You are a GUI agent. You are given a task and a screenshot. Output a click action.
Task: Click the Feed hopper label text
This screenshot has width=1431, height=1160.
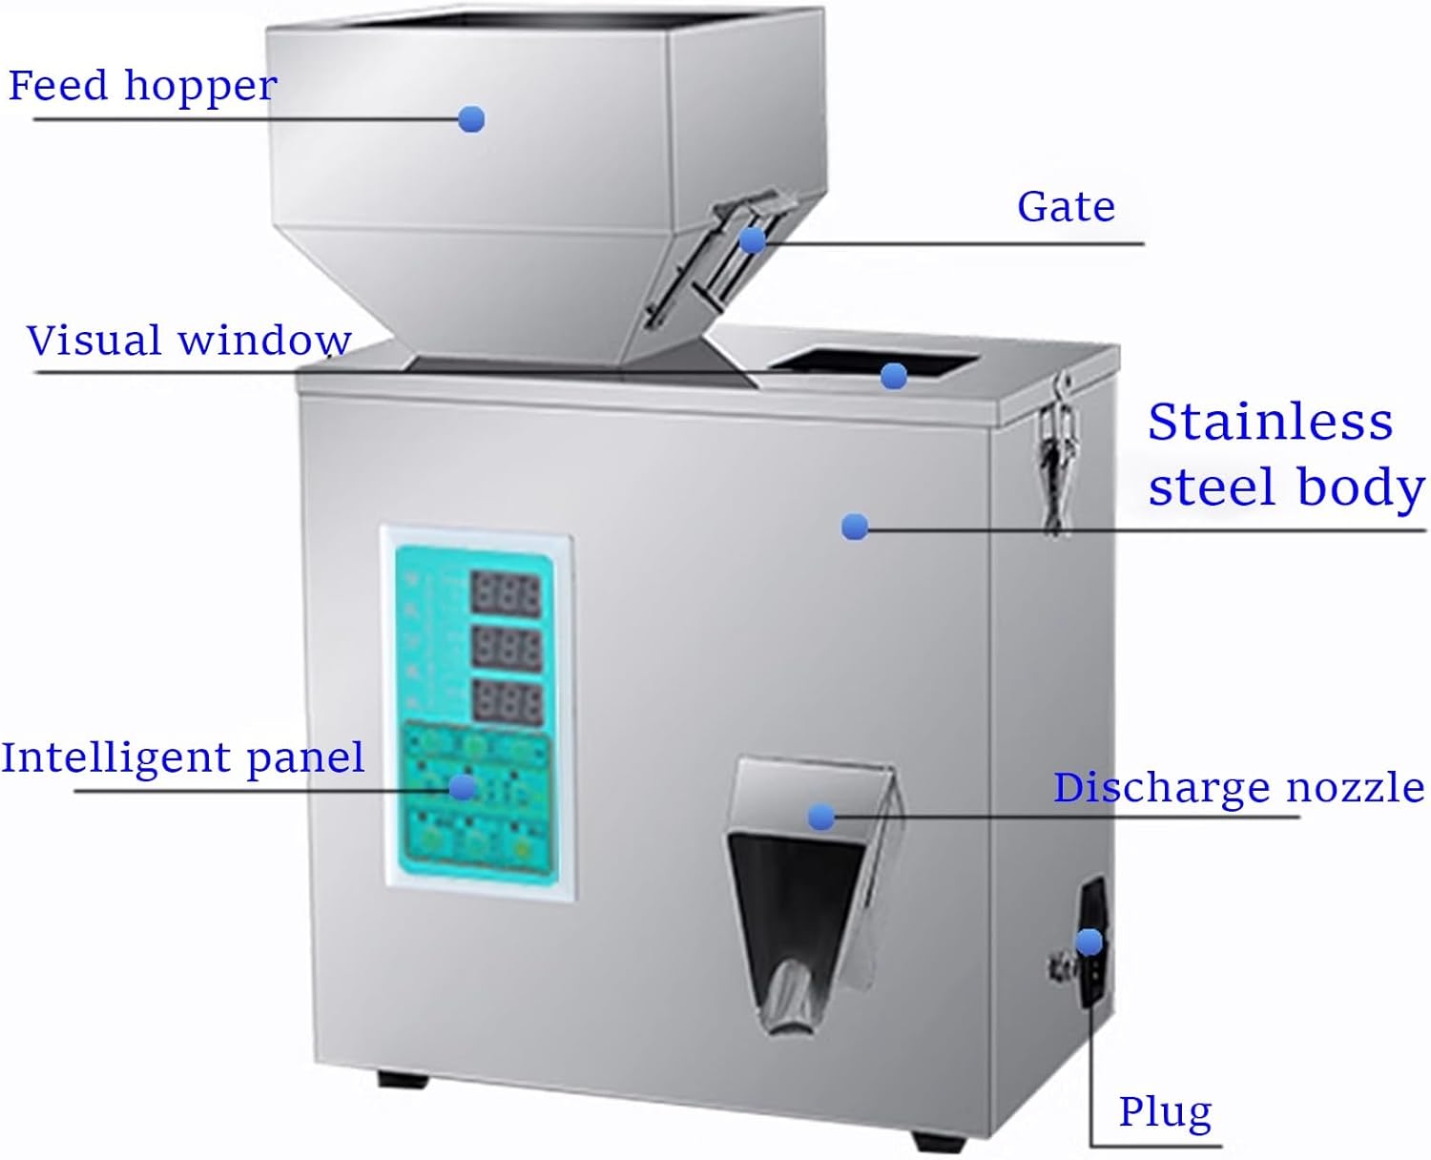click(143, 86)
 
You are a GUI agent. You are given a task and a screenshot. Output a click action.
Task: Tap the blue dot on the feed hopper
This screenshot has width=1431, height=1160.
click(471, 119)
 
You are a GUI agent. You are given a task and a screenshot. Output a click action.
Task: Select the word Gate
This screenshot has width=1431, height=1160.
click(1066, 206)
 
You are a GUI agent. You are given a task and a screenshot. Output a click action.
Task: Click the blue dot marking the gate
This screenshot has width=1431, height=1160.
click(753, 239)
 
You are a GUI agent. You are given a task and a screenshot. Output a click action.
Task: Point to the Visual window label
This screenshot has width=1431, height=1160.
click(189, 341)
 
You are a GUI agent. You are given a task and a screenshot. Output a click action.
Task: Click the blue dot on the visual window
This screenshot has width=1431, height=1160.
click(894, 377)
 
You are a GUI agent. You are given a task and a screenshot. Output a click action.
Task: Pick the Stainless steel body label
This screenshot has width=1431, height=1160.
click(1283, 454)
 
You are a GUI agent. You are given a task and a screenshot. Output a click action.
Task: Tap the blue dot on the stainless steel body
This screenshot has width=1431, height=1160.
click(855, 527)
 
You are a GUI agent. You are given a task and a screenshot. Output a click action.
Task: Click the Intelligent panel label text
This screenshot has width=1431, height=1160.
click(182, 757)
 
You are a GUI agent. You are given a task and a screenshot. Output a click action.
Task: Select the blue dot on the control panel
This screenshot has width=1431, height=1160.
click(463, 787)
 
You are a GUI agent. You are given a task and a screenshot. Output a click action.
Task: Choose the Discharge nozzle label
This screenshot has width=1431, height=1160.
click(1238, 788)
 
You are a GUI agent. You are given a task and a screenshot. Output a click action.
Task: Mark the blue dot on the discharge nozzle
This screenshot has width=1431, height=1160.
click(820, 817)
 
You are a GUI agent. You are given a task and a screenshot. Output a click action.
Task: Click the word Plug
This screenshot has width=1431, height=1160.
click(1165, 1111)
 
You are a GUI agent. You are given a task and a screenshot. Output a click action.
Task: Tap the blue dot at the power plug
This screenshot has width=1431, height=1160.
click(1089, 942)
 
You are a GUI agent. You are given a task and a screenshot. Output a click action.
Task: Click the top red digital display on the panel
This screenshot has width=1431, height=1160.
click(506, 595)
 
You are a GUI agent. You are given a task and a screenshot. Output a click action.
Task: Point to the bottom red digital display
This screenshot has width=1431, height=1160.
click(507, 702)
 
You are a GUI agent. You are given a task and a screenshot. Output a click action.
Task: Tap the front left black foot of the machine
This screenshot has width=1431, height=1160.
click(403, 1079)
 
